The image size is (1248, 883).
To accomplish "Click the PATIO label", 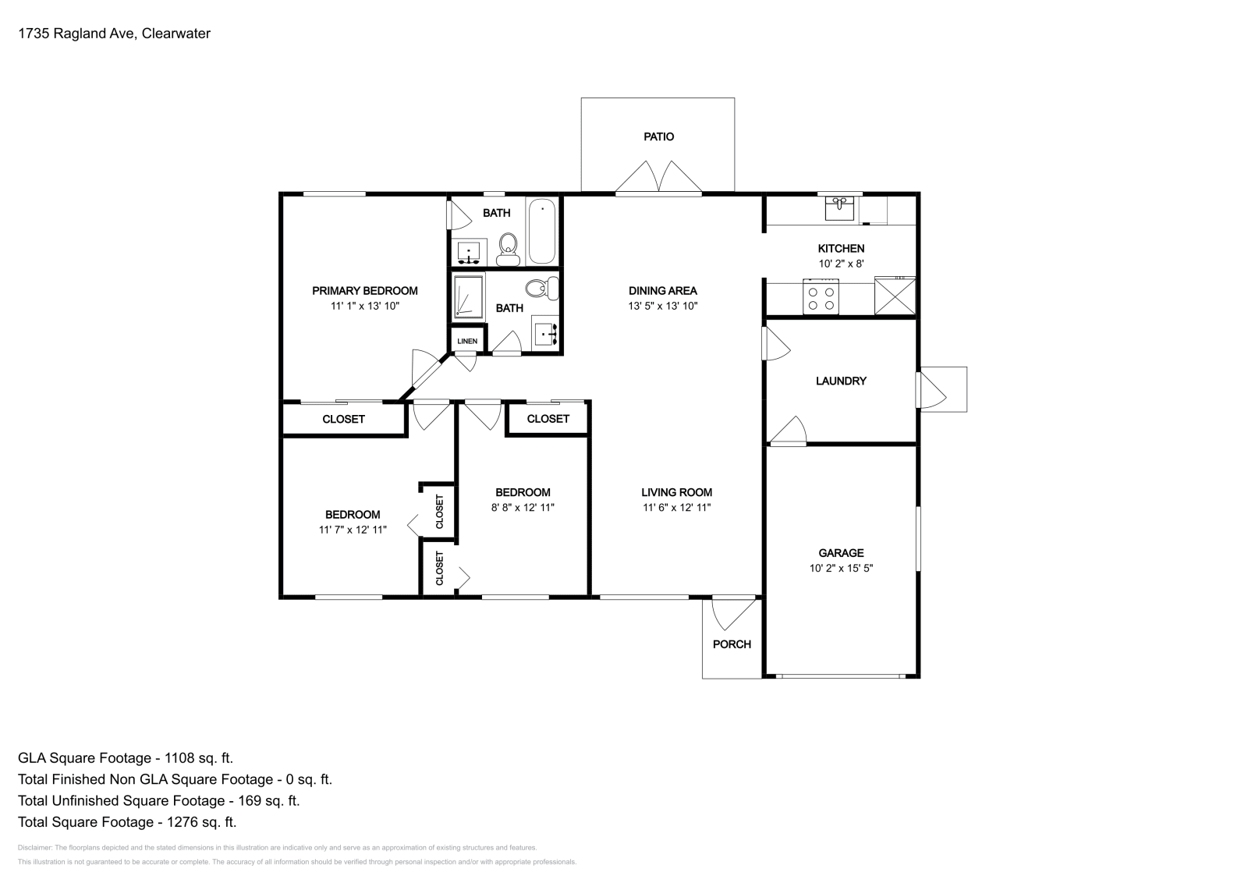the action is (658, 137).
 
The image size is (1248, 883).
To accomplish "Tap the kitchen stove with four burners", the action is (821, 297).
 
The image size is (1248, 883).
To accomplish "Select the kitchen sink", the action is (839, 208).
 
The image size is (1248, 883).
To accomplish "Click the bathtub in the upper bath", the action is (541, 231).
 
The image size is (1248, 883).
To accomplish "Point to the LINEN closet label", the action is (467, 341).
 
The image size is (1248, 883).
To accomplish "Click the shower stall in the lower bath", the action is (469, 297).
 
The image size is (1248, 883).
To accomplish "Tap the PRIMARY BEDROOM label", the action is (364, 291).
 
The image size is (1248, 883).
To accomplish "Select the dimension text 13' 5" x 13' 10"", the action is (662, 306).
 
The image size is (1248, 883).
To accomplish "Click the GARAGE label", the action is (841, 553).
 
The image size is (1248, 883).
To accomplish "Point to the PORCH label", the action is (732, 644).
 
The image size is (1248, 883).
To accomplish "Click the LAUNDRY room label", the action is (841, 381).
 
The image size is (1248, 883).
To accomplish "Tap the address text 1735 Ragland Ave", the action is (77, 34).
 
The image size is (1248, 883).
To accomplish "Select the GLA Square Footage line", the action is (126, 758).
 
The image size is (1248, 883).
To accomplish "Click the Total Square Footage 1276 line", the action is (127, 822).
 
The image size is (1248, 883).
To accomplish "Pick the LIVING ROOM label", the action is (676, 492).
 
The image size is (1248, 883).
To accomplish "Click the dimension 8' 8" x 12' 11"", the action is (523, 508).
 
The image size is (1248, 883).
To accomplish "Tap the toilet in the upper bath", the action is (508, 250).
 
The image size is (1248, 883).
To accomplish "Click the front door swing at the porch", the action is (733, 613).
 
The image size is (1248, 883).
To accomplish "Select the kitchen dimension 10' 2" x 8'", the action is (841, 264).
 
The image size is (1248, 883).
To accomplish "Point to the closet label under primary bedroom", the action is (343, 420).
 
